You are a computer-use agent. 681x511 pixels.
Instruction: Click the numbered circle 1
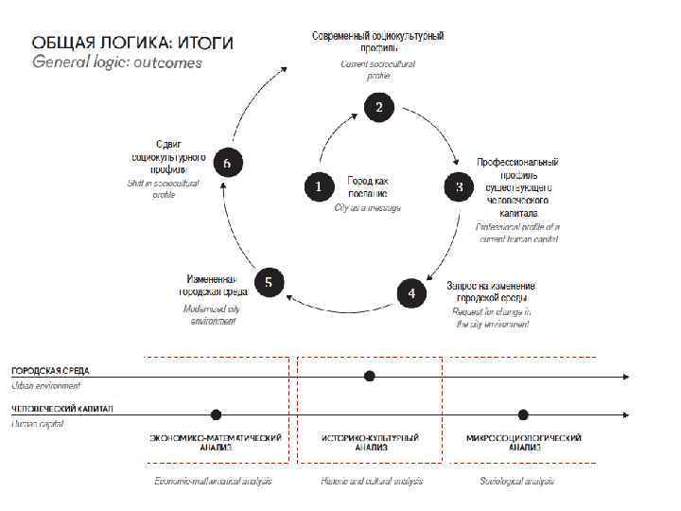(319, 186)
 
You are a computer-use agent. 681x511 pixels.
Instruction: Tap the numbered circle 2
(378, 108)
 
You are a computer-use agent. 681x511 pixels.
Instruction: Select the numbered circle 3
(459, 187)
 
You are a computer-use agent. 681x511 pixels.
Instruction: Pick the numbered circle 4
(411, 292)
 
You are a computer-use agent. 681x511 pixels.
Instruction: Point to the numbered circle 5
(269, 282)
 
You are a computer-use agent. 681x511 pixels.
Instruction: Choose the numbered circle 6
(227, 163)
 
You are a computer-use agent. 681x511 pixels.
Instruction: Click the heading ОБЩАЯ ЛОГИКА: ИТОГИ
(132, 44)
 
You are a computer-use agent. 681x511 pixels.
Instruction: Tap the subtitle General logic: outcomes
(117, 63)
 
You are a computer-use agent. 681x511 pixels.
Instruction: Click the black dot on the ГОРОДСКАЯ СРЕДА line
(370, 376)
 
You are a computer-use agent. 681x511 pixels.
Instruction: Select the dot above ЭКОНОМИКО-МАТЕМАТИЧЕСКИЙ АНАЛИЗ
(217, 414)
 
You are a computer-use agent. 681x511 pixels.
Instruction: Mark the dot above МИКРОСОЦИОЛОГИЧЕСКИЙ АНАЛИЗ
(523, 414)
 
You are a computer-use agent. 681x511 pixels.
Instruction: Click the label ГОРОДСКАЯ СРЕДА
(50, 370)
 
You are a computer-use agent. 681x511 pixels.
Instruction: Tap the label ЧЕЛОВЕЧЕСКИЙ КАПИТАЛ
(61, 409)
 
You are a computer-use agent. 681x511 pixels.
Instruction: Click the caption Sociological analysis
(516, 482)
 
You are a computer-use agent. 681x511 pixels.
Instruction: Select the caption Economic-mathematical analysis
(214, 482)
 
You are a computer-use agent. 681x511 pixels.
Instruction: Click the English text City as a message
(368, 207)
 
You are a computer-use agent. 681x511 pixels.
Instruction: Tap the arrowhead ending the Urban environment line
(625, 377)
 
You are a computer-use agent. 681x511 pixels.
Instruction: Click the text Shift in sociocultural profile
(164, 188)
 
